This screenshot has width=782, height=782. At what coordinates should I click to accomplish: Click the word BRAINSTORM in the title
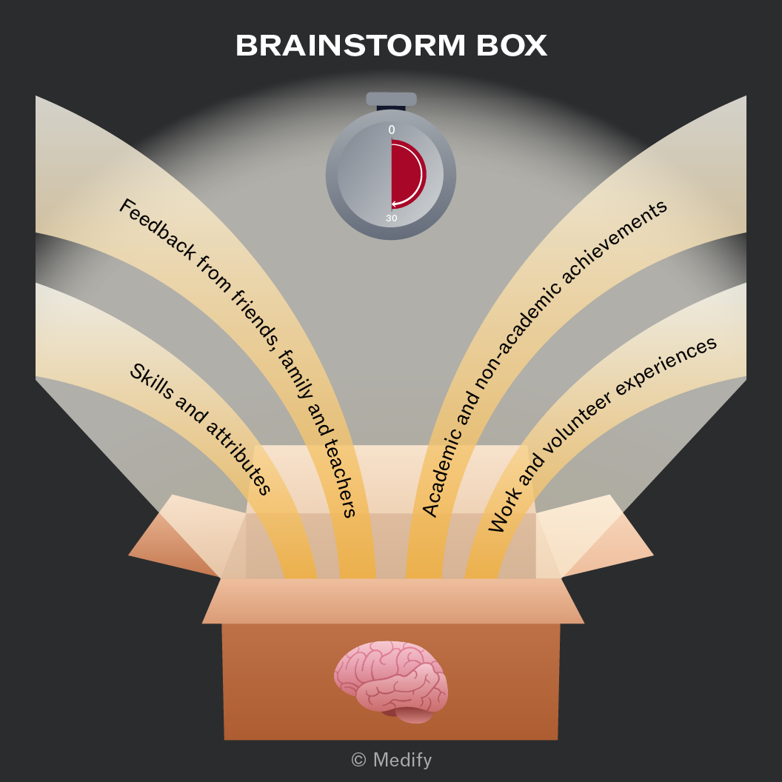point(350,45)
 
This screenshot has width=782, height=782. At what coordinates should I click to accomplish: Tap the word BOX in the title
point(512,45)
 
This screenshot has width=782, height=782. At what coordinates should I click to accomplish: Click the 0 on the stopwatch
point(392,130)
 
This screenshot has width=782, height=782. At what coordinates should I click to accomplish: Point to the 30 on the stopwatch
point(392,218)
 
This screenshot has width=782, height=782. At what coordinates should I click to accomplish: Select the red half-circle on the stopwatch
point(407,175)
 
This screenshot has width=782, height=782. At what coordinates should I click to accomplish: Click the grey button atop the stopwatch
point(391,99)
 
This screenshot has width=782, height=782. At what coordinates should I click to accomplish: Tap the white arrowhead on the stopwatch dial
point(395,204)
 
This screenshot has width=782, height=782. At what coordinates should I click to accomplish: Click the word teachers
point(341,477)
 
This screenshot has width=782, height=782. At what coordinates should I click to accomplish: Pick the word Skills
point(152,381)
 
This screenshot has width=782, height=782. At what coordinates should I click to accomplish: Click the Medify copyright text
point(392,760)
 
